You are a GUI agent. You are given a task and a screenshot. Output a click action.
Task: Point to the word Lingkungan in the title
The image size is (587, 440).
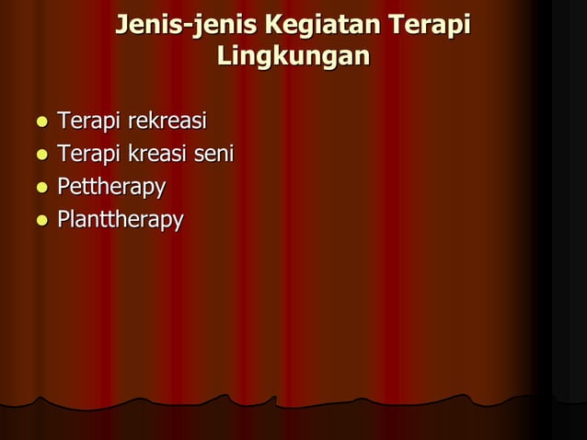(x=293, y=56)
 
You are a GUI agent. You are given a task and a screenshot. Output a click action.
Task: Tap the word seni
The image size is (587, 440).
(x=216, y=155)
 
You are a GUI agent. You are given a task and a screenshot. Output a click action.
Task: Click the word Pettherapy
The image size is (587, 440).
(x=111, y=189)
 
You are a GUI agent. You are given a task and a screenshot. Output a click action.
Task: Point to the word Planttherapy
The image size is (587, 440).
(x=120, y=222)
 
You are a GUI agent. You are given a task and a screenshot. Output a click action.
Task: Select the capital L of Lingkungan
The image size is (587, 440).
(x=223, y=55)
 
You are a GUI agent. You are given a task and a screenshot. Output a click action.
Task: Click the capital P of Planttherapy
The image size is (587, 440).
(x=63, y=221)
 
